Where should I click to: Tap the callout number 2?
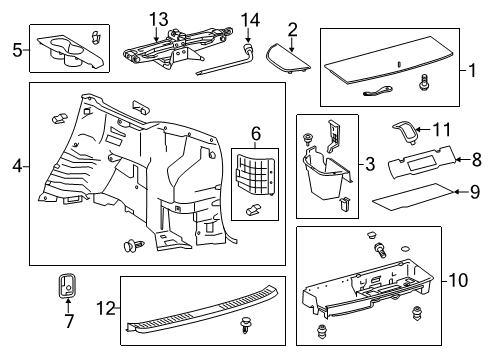[292, 28]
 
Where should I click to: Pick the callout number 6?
[256, 132]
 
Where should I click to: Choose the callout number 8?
[476, 157]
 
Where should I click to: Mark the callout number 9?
[476, 194]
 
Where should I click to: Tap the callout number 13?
[158, 20]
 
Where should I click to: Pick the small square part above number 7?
[68, 286]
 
